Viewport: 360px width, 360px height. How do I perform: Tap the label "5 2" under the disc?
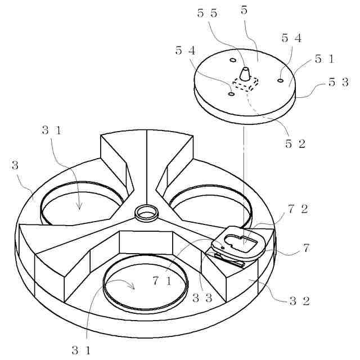pyautogui.click(x=295, y=143)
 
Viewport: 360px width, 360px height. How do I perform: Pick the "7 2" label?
pyautogui.click(x=298, y=210)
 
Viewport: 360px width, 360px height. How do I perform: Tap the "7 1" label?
pyautogui.click(x=162, y=279)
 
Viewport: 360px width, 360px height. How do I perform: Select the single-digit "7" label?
pyautogui.click(x=306, y=248)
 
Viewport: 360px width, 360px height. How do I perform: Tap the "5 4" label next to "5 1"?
pyautogui.click(x=291, y=38)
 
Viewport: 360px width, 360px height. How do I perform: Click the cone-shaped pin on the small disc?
pyautogui.click(x=245, y=74)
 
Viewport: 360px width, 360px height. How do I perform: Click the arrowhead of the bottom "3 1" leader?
pyautogui.click(x=134, y=287)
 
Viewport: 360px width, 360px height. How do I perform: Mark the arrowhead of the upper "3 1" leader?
pyautogui.click(x=79, y=208)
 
